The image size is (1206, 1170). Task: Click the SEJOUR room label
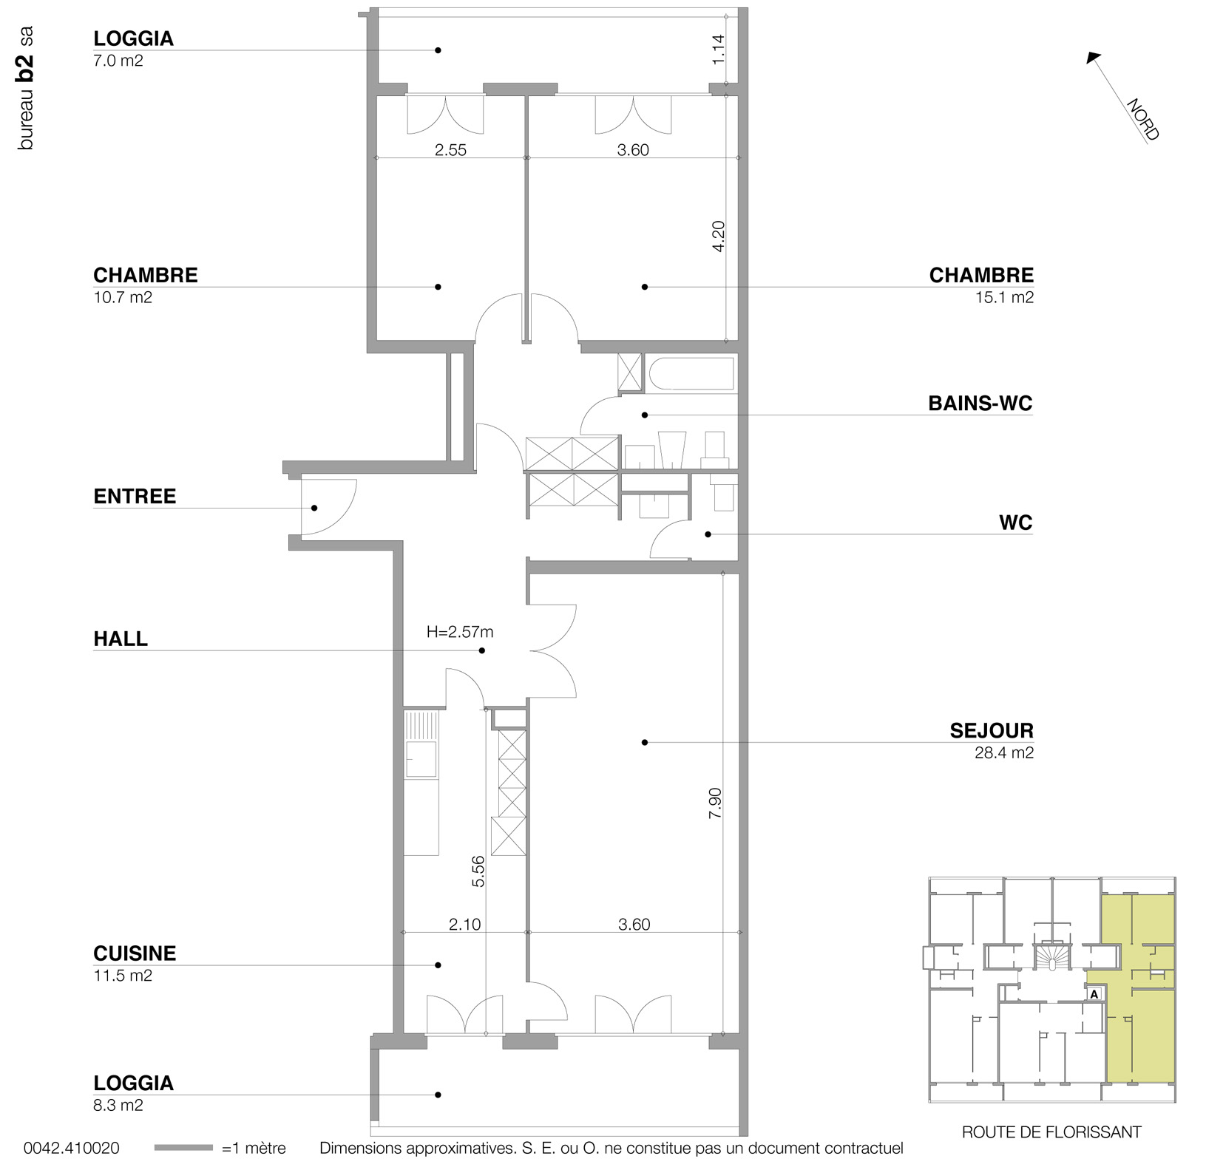991,731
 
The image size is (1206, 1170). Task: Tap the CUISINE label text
135,953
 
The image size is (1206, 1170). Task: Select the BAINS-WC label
980,404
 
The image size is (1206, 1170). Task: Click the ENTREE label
135,496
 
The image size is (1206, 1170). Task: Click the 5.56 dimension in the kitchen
478,871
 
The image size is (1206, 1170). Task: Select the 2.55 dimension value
450,150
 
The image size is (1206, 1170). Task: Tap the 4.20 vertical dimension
718,237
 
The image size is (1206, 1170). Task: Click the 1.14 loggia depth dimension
718,50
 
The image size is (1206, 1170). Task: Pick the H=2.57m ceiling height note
460,632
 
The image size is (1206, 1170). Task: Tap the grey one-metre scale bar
183,1149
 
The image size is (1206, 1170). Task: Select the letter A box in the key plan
1094,994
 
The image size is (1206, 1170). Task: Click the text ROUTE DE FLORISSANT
1051,1132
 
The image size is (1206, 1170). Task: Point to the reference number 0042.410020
72,1149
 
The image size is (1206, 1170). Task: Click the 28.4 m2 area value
1004,753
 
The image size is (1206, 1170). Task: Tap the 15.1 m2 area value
1004,298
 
